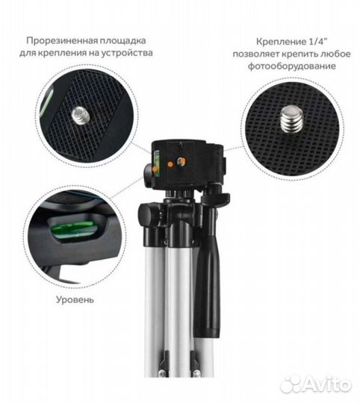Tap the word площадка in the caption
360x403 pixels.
(123, 41)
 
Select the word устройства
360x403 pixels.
(127, 53)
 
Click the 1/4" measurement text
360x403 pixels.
(317, 42)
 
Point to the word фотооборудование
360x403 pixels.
(291, 66)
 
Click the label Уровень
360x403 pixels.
(75, 300)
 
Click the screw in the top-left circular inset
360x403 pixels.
(80, 116)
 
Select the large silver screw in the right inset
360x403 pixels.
(291, 119)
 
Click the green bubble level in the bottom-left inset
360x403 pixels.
(75, 229)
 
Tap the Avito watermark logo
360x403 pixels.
(315, 385)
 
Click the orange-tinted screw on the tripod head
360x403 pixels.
(181, 162)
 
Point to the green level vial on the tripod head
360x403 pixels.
(156, 164)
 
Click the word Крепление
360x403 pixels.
(280, 42)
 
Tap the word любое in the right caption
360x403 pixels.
(335, 54)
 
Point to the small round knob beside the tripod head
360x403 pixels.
(149, 175)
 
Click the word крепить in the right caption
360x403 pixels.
(300, 54)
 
